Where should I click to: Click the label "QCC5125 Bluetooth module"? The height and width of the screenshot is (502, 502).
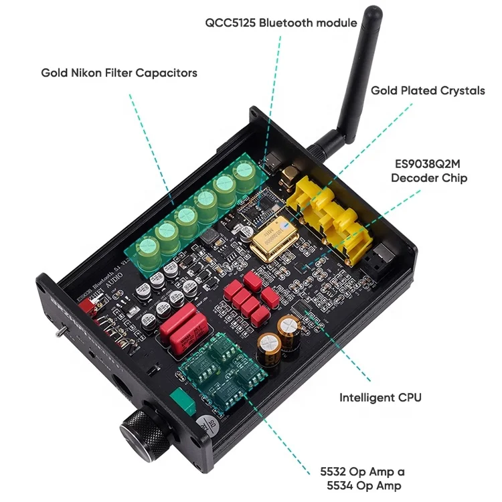(280, 22)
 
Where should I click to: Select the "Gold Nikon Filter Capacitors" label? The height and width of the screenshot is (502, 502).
(119, 72)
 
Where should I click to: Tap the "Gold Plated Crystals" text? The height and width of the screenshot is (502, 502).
(428, 90)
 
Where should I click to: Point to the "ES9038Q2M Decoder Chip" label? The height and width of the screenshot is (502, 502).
(428, 171)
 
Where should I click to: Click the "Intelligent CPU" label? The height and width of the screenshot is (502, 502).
(380, 397)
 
